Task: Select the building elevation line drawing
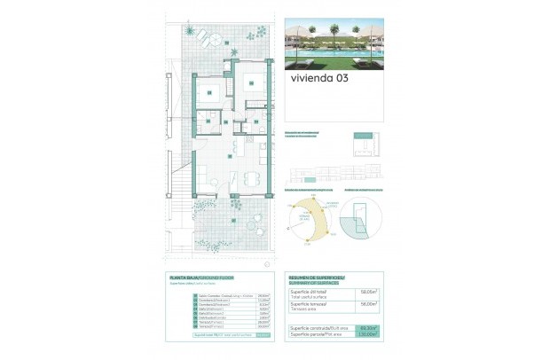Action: [338, 171]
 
